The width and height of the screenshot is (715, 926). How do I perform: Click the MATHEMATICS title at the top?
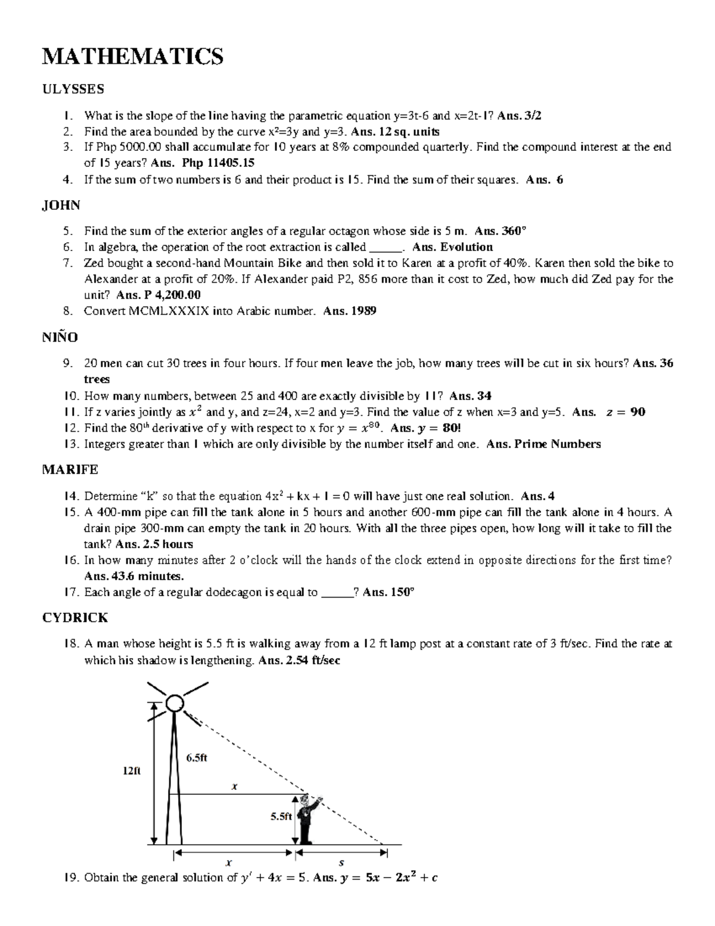click(x=132, y=57)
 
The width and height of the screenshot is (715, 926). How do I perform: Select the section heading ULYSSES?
click(x=73, y=89)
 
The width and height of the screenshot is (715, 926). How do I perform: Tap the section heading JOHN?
click(x=61, y=205)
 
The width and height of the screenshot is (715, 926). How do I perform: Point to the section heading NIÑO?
click(x=60, y=337)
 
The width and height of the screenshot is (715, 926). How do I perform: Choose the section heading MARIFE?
click(x=70, y=470)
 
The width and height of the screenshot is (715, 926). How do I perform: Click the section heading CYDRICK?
click(x=74, y=618)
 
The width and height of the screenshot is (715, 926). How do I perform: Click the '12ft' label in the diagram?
click(x=132, y=770)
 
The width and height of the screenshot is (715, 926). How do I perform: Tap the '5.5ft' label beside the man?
click(x=281, y=817)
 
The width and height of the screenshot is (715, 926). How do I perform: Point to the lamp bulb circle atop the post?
click(x=175, y=704)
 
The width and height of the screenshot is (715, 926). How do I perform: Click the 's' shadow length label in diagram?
click(x=341, y=862)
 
